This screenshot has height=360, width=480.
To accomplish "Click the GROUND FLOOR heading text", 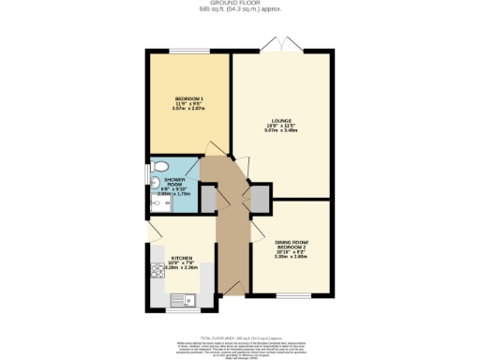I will pyautogui.click(x=239, y=4).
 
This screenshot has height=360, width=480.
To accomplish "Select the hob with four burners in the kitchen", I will pyautogui.click(x=157, y=271).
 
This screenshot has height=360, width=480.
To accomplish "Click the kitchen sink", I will pyautogui.click(x=180, y=300).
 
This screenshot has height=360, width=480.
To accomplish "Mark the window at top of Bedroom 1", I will pyautogui.click(x=188, y=51).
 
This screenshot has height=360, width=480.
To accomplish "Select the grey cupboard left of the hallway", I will pyautogui.click(x=208, y=198).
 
